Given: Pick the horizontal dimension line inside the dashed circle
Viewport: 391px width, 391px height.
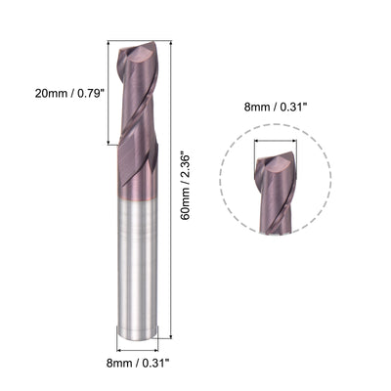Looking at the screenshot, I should coord(277,143).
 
